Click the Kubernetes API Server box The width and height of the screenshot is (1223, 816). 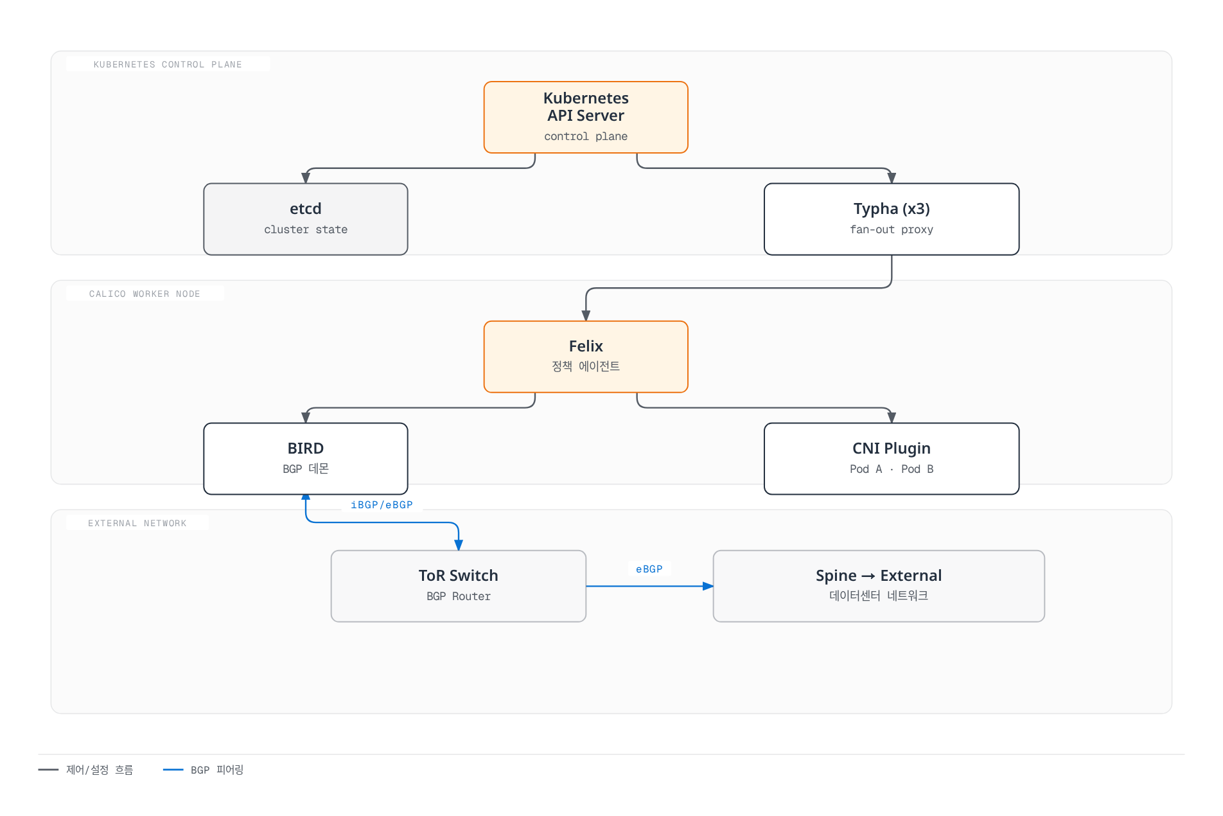coord(586,117)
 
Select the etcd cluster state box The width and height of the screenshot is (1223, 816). coord(306,219)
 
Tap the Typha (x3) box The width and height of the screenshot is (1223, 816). coord(892,219)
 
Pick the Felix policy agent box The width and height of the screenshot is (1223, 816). coord(586,357)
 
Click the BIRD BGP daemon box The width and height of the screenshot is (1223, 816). coord(306,459)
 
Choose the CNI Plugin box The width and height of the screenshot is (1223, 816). coord(892,459)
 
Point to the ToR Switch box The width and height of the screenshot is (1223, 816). coord(459,586)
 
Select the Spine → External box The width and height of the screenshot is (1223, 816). coord(879,586)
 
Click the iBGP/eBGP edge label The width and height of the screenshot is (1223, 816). coord(382,505)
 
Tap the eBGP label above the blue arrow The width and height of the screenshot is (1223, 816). coord(649,569)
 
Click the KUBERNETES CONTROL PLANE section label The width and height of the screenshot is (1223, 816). coord(168,64)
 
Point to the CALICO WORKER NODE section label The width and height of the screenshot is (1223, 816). coord(145,294)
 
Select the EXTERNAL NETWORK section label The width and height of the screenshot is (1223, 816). coord(137,523)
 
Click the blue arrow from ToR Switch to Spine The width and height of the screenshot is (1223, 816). coord(649,586)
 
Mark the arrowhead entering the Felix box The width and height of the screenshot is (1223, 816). coord(586,315)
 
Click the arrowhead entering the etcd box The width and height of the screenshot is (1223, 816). coord(306,178)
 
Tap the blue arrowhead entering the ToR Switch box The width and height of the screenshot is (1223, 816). coord(459,545)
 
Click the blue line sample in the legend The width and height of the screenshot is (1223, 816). coord(173,770)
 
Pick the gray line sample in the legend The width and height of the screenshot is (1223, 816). coord(48,770)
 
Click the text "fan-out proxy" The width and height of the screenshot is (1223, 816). coord(892,229)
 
